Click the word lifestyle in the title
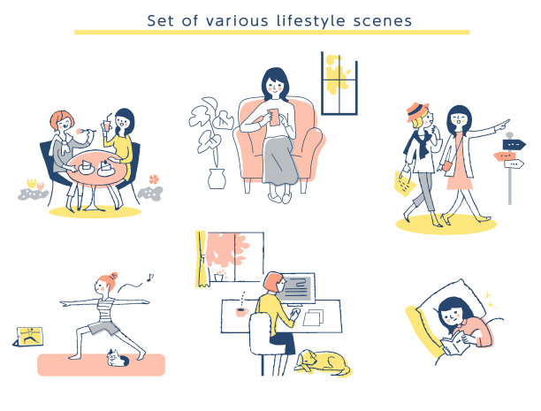[310, 21]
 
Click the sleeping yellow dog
[323, 362]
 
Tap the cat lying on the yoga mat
[117, 358]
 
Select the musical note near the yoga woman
[149, 278]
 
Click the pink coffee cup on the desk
[242, 312]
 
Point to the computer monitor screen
[296, 288]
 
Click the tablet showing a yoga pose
[29, 337]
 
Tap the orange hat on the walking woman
[417, 111]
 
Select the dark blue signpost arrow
[514, 144]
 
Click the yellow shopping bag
[405, 183]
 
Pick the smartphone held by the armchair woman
[273, 118]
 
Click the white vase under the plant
[217, 179]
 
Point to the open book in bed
[454, 344]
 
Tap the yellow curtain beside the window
[202, 260]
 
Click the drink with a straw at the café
[107, 124]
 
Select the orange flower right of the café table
[154, 179]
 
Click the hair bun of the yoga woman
[113, 276]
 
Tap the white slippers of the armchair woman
[280, 198]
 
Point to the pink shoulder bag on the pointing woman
[446, 166]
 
